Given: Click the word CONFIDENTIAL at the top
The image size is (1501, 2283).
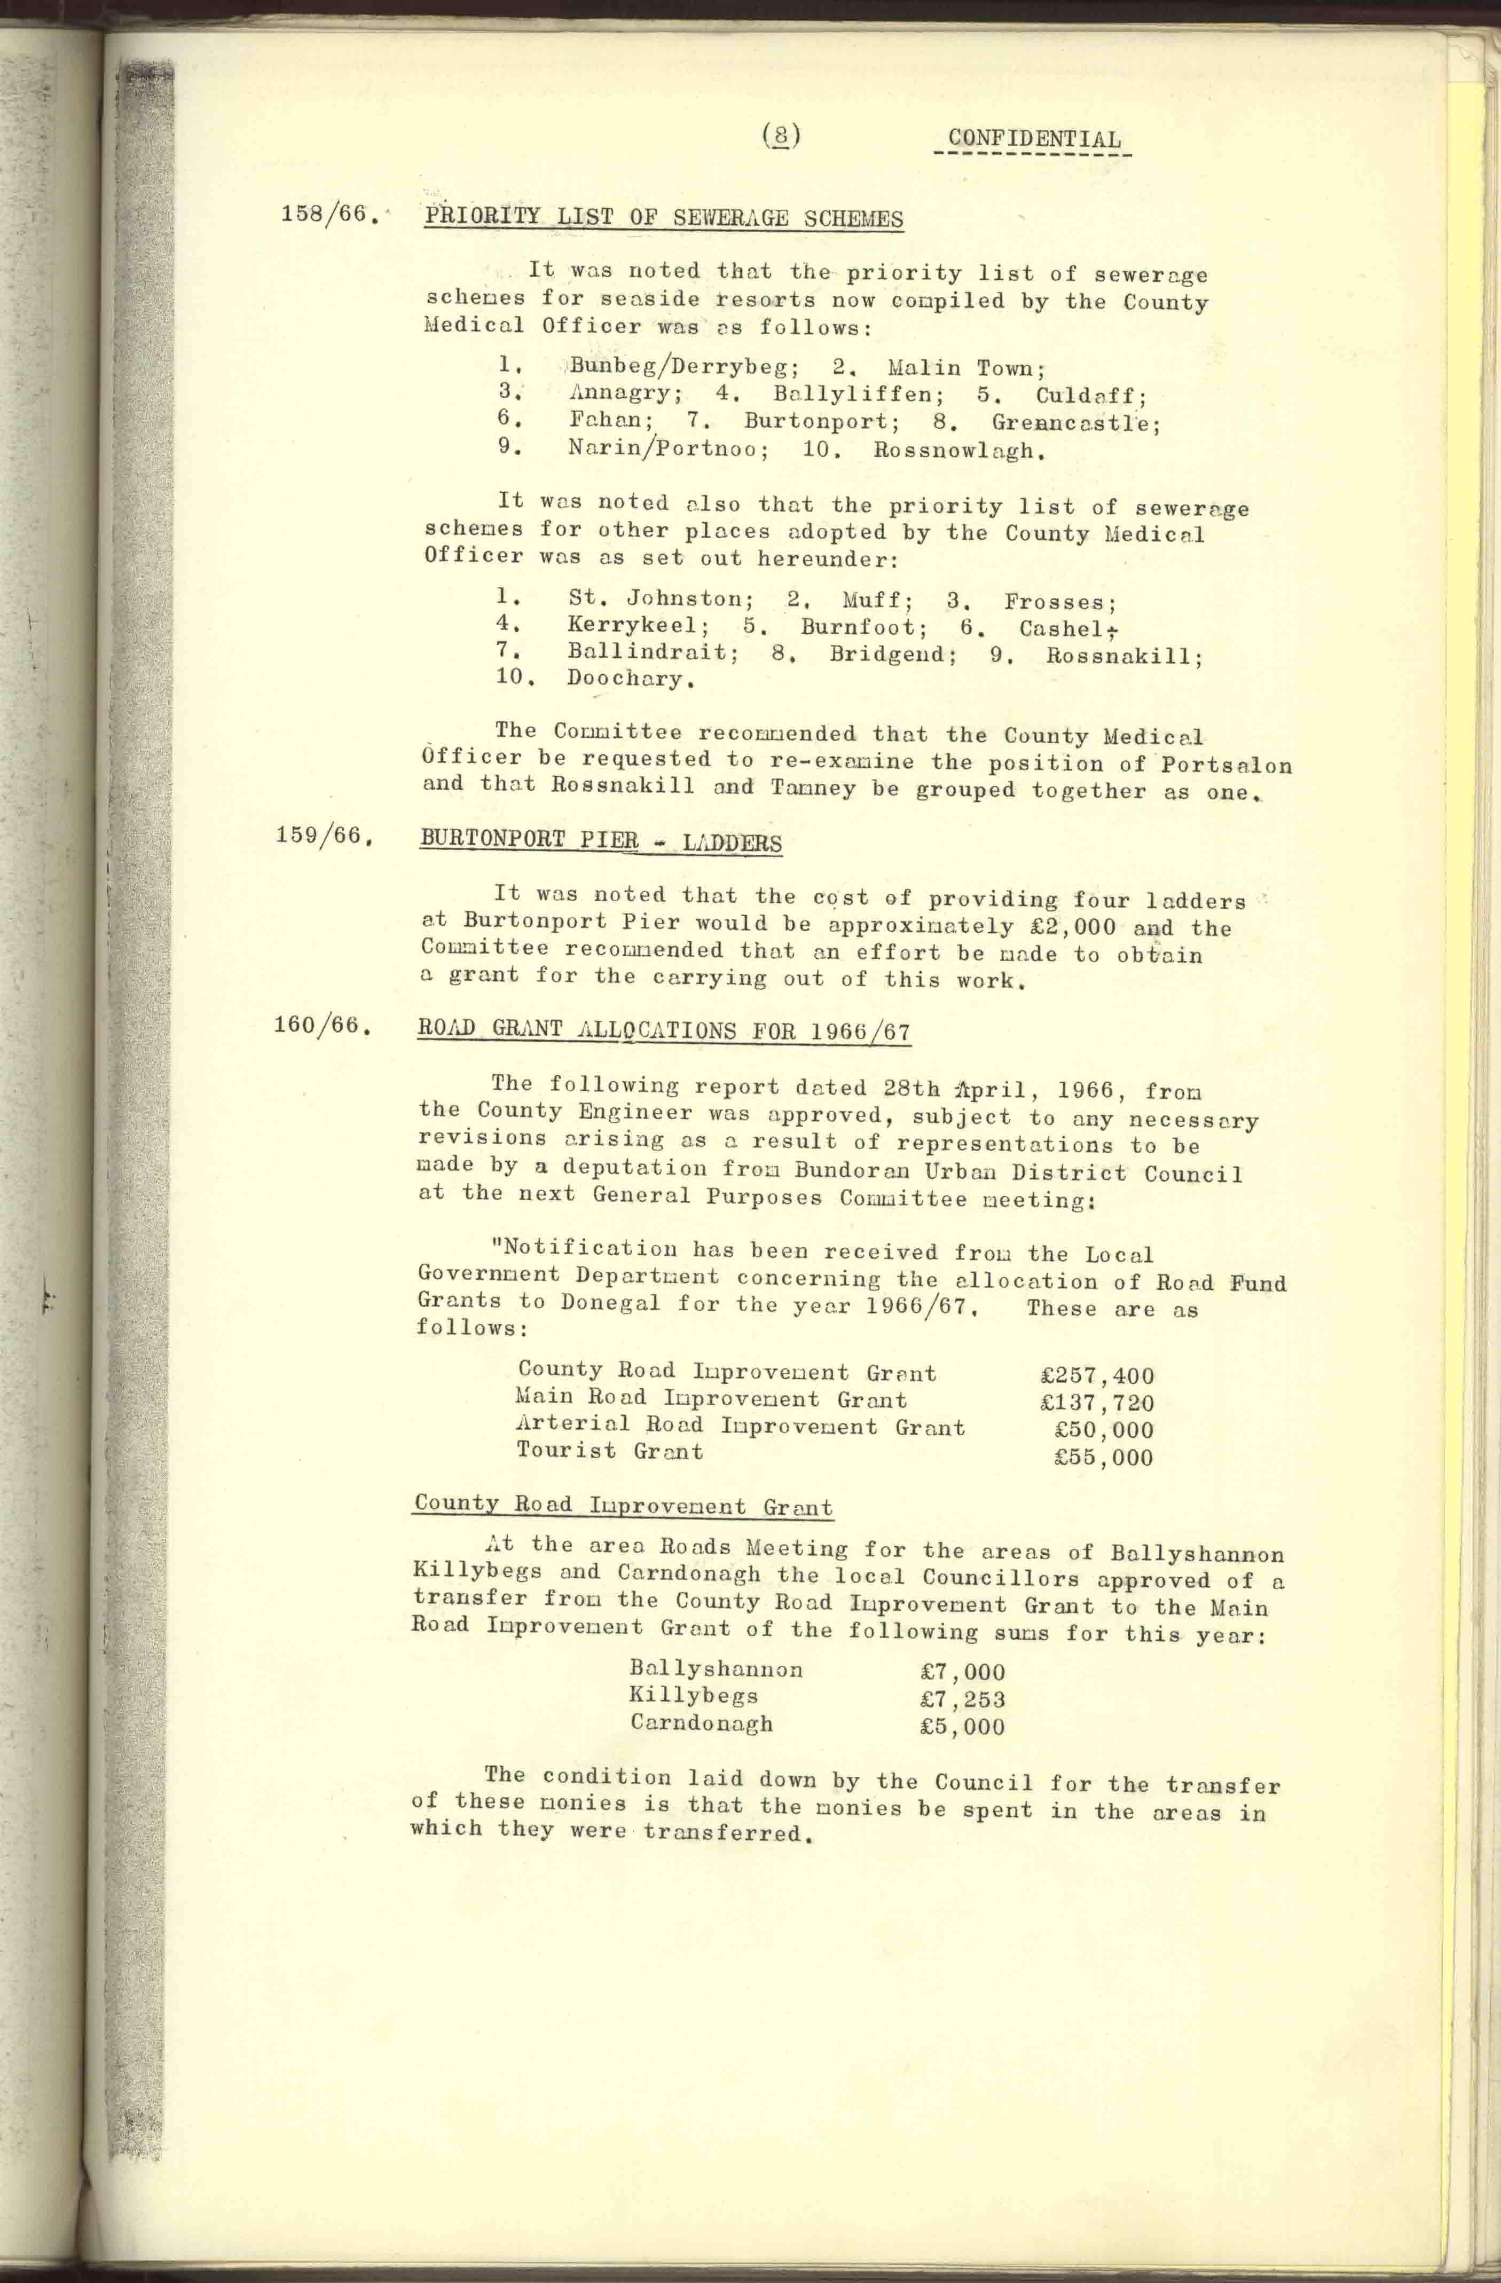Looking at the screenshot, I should [x=1034, y=140].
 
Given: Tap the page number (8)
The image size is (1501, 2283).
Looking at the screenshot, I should [x=782, y=135].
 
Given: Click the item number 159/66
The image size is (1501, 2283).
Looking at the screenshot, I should [x=323, y=836].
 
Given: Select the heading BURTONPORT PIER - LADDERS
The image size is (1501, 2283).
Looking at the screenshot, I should [x=600, y=842].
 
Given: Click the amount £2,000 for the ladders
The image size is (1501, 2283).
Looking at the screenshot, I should [x=1067, y=927].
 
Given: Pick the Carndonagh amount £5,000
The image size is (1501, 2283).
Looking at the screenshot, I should [x=962, y=1727].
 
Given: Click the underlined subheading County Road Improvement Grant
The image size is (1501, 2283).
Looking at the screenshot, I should [x=623, y=1506].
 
